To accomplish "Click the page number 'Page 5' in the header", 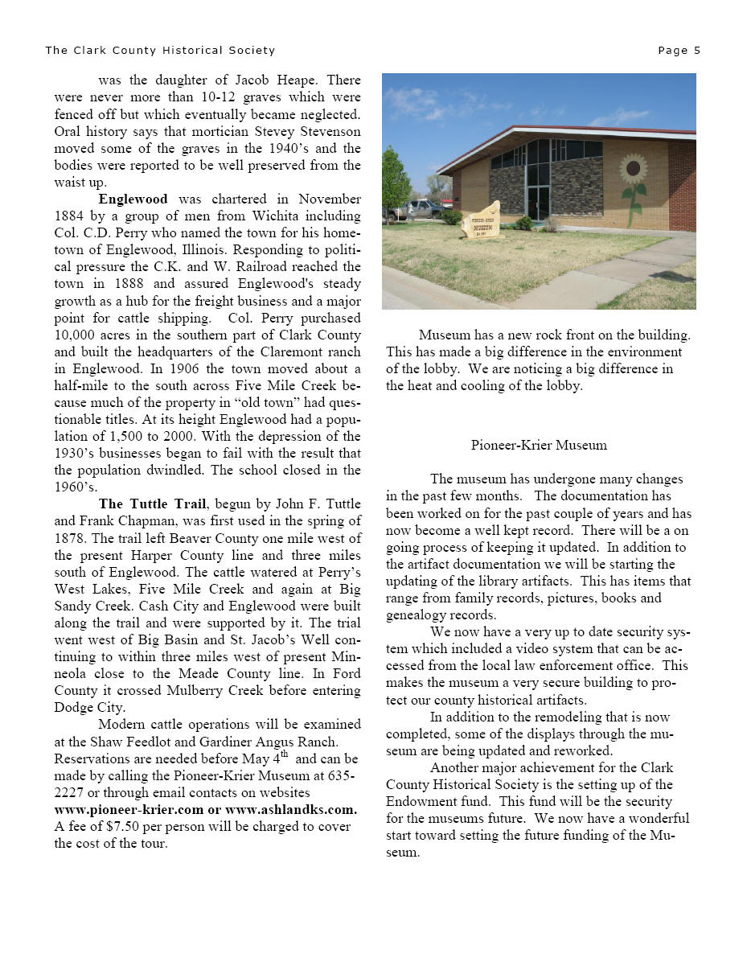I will click(679, 51).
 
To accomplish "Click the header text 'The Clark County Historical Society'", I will click(160, 51).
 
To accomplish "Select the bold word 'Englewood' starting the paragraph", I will click(133, 199).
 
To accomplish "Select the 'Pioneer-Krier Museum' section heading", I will click(539, 445).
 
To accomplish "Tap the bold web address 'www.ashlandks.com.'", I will click(291, 809).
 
